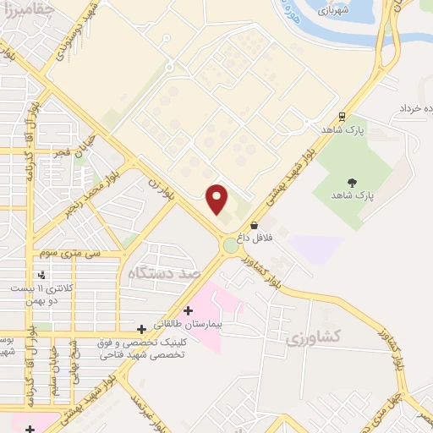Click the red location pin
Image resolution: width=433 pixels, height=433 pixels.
pyautogui.click(x=218, y=200)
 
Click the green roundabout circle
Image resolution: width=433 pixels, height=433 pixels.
pyautogui.click(x=230, y=246)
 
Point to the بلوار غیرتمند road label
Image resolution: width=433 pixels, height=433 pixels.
pyautogui.click(x=145, y=403)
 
